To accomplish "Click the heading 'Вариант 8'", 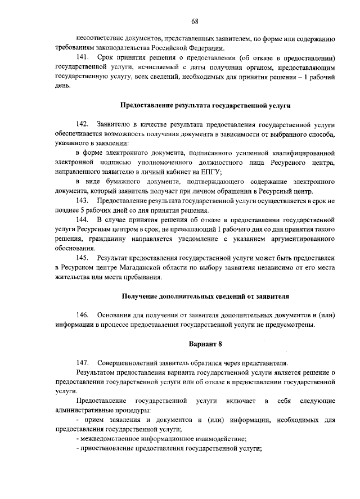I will coord(205,344).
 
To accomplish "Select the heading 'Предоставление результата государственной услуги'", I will coord(206,105).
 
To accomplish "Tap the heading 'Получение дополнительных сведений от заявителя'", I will coord(206,296).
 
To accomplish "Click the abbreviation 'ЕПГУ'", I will coord(210,172).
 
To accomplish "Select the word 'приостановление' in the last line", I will coord(105,449).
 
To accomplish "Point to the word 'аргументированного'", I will coord(303,239).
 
